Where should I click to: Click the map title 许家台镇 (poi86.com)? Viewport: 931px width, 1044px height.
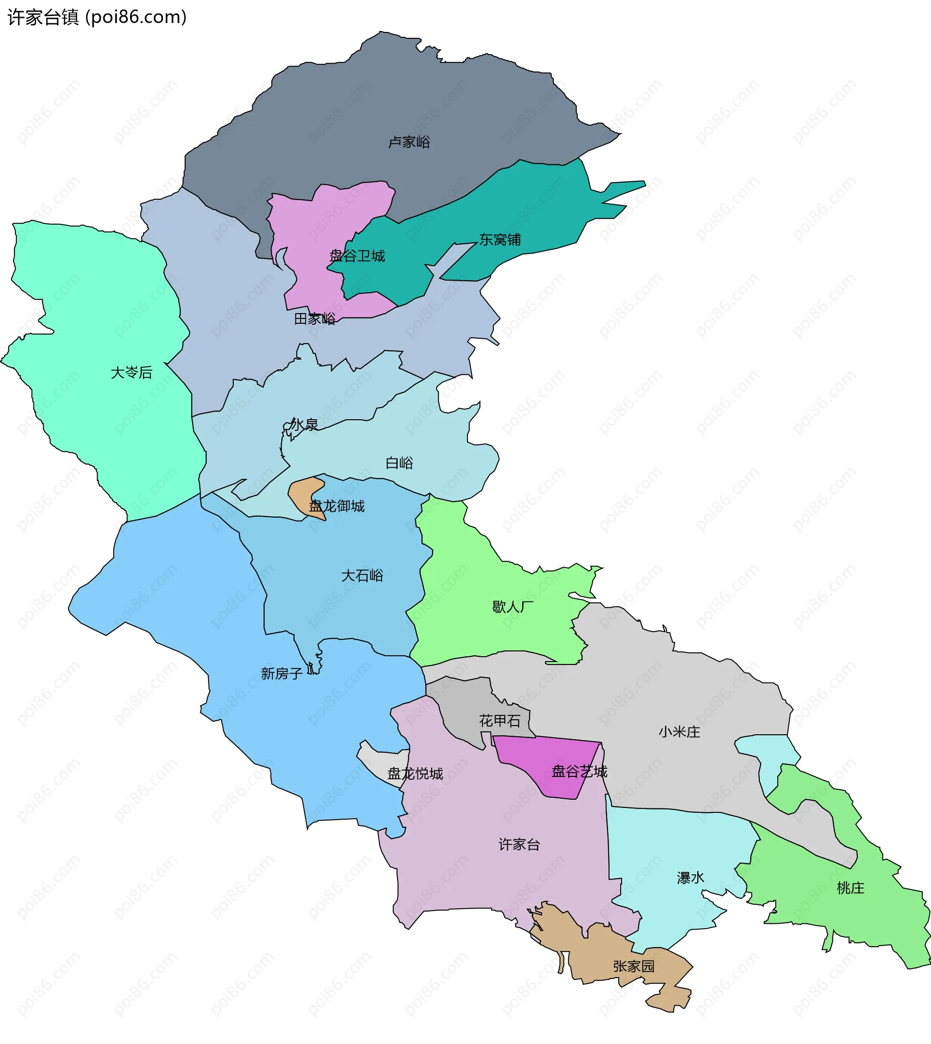pyautogui.click(x=97, y=17)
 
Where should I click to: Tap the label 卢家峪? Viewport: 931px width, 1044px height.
pyautogui.click(x=409, y=142)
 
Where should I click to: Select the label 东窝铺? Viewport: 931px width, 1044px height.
pyautogui.click(x=500, y=240)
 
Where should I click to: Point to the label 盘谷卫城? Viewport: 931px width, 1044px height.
pyautogui.click(x=357, y=256)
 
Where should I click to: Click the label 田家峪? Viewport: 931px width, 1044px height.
pyautogui.click(x=315, y=319)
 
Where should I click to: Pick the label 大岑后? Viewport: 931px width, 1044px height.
pyautogui.click(x=131, y=373)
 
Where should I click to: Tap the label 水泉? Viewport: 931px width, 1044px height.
pyautogui.click(x=304, y=425)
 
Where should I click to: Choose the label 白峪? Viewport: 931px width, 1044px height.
pyautogui.click(x=399, y=463)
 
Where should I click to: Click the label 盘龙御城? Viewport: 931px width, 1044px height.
pyautogui.click(x=337, y=506)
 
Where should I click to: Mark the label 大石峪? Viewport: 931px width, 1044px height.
pyautogui.click(x=362, y=576)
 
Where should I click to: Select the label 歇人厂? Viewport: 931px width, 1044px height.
pyautogui.click(x=513, y=607)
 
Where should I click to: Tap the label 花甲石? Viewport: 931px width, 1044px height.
pyautogui.click(x=500, y=721)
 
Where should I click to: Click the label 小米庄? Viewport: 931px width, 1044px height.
pyautogui.click(x=679, y=733)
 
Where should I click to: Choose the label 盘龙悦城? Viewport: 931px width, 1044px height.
pyautogui.click(x=415, y=774)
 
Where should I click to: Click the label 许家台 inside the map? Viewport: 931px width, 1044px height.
pyautogui.click(x=519, y=845)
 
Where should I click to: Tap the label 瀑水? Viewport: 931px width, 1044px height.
pyautogui.click(x=690, y=878)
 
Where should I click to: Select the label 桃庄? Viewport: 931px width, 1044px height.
pyautogui.click(x=851, y=888)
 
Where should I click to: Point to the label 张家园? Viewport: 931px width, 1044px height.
pyautogui.click(x=634, y=967)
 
